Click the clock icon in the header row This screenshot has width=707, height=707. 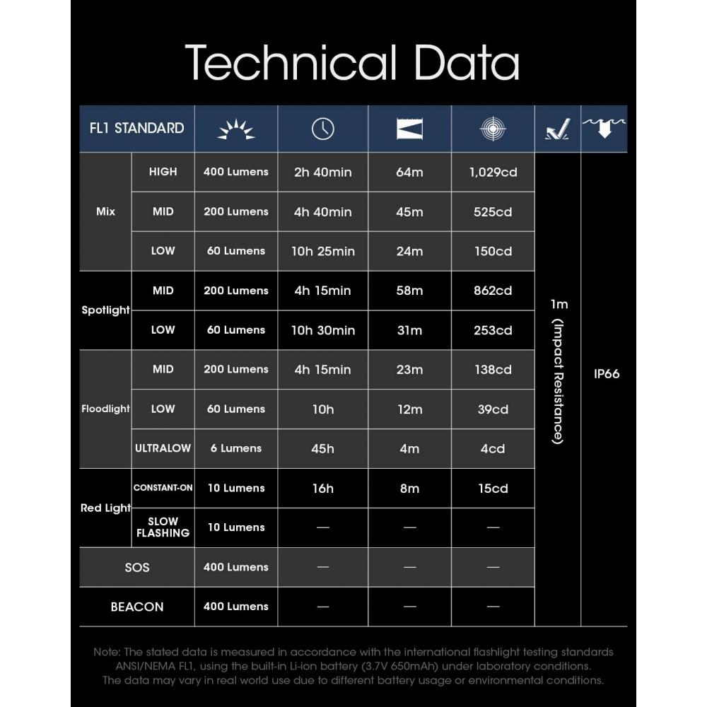coord(322,129)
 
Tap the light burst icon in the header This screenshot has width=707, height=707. coord(235,129)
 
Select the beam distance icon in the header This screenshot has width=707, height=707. coord(409,129)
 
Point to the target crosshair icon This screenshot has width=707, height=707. coord(493,129)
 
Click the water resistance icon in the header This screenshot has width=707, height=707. coord(604,128)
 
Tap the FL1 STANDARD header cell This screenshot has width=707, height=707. coord(137,128)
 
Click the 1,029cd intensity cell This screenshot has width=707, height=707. coord(493,172)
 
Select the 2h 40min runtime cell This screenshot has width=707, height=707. coord(322,172)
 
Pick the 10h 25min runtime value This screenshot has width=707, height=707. coord(322,251)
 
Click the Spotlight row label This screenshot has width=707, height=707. coord(105,310)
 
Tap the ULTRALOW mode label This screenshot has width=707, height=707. coord(163,448)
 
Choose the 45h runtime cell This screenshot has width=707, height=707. coord(322,448)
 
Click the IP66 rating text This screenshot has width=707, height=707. coord(607,374)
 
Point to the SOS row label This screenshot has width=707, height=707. coord(136,567)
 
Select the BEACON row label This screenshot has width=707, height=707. coord(136,607)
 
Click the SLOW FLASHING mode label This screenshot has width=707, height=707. coord(163,527)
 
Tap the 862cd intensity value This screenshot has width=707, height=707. coord(493,291)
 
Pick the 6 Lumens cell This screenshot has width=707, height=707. coord(235,448)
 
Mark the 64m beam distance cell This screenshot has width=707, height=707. coord(409,172)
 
